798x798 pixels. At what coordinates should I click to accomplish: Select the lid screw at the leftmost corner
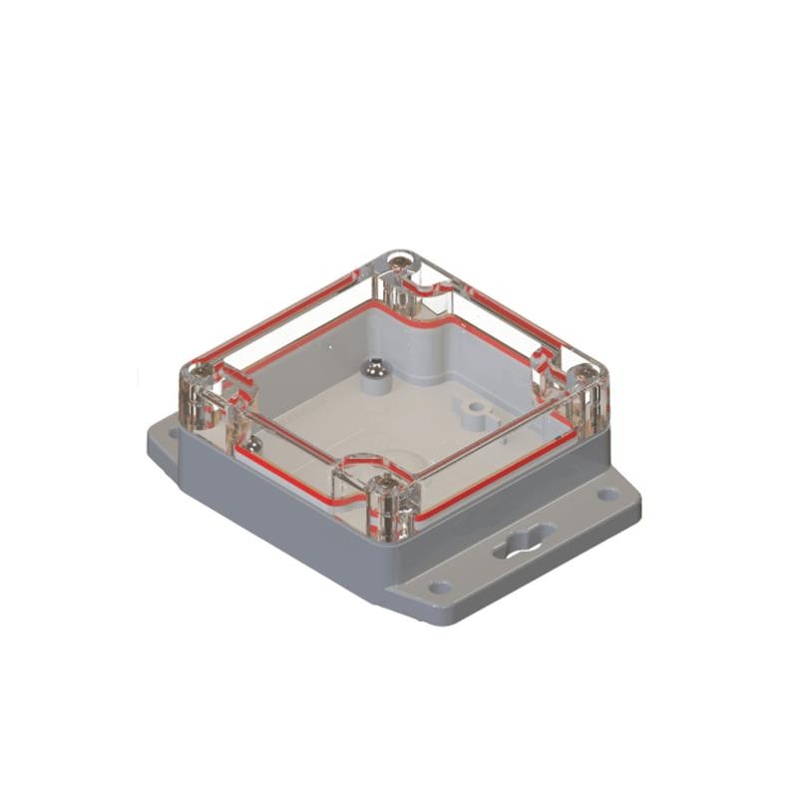(196, 377)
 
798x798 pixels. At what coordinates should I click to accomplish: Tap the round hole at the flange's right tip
(608, 493)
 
